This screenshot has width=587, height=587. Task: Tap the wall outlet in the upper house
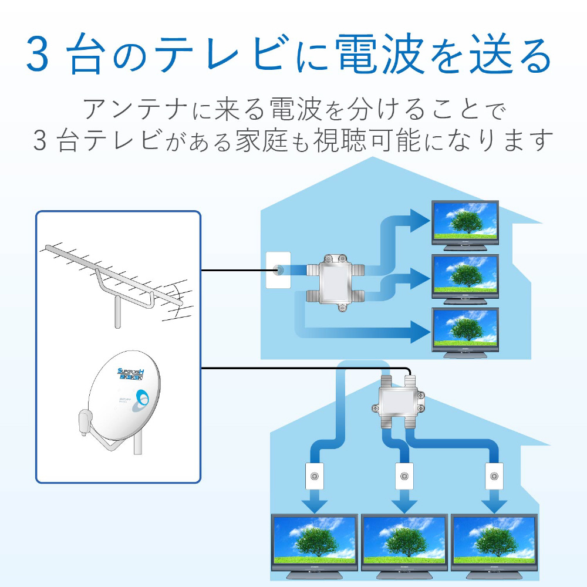click(278, 271)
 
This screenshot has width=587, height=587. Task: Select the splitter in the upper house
click(335, 282)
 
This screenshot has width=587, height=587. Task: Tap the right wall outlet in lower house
click(494, 477)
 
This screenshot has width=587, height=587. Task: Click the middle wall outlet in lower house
click(403, 477)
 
